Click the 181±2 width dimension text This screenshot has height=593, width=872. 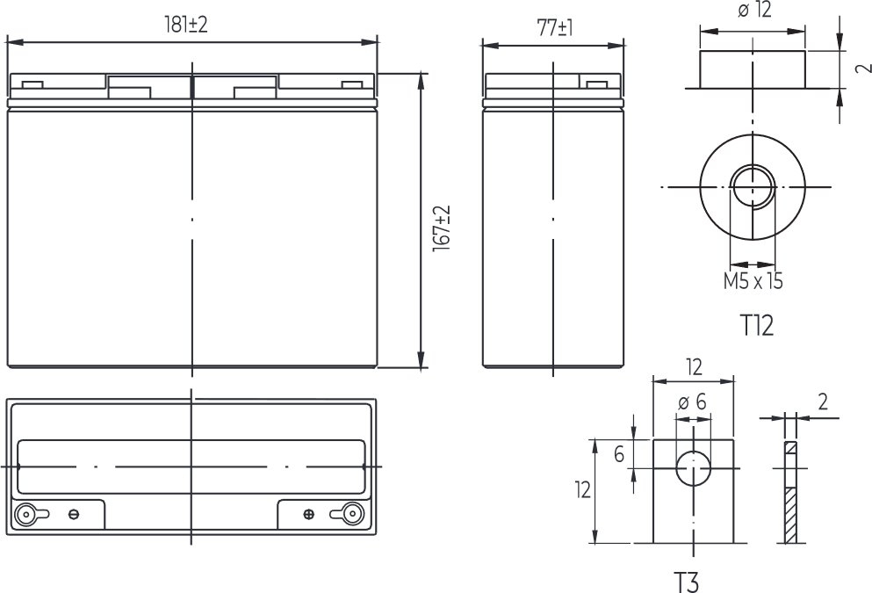(186, 25)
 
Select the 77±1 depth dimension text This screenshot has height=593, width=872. (554, 27)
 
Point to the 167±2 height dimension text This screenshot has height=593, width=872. (442, 231)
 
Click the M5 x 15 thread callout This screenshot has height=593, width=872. (753, 281)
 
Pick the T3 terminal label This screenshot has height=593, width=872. (688, 581)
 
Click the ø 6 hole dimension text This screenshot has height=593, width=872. (692, 401)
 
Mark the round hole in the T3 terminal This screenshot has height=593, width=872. (693, 468)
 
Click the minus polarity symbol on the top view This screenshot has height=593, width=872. (75, 515)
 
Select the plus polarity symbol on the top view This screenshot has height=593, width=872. (307, 515)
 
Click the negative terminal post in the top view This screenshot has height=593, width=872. (27, 515)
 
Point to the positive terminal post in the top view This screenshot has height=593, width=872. (352, 514)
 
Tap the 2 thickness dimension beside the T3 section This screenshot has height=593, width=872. (823, 401)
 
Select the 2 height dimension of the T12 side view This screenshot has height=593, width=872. (860, 69)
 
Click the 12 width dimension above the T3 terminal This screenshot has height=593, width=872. (693, 365)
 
